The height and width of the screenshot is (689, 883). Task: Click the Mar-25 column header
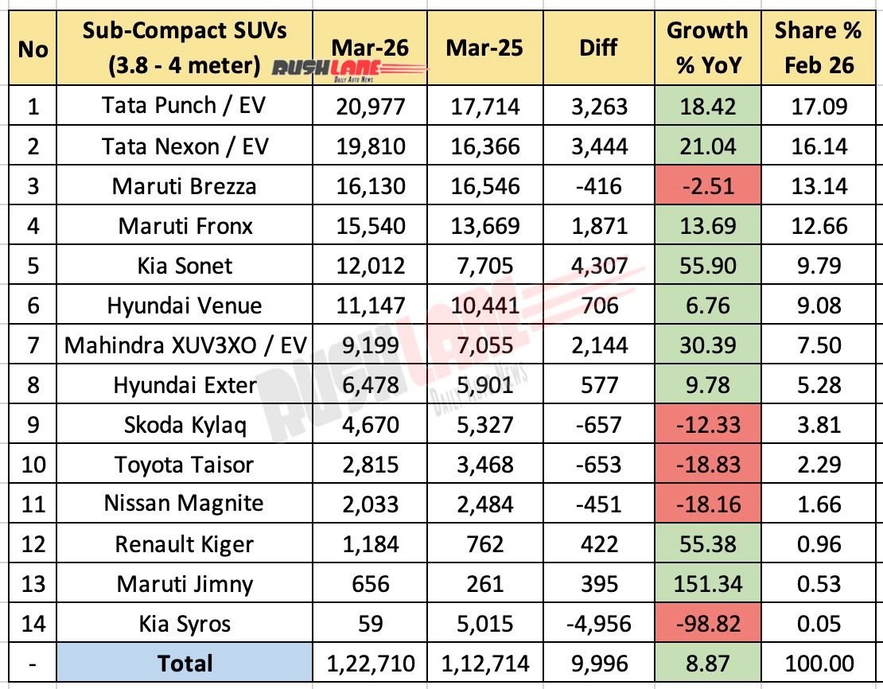[x=484, y=49]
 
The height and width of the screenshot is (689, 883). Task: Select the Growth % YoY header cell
[x=707, y=49]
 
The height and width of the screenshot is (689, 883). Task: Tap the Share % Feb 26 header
[x=819, y=49]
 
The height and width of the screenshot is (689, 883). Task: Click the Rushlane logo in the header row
[x=350, y=72]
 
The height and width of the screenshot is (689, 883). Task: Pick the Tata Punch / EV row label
[x=185, y=106]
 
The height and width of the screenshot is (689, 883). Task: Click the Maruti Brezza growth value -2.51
[x=707, y=186]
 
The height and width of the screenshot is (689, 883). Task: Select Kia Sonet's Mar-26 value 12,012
[x=372, y=266]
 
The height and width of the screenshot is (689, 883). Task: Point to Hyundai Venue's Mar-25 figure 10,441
[x=484, y=306]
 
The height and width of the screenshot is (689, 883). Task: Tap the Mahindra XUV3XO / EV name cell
[x=185, y=345]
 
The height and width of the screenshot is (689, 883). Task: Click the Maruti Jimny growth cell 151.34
[x=707, y=584]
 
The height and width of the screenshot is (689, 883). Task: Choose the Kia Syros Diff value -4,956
[x=598, y=624]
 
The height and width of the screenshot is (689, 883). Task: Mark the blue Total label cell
[x=185, y=664]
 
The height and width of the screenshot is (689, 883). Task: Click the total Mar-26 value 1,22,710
[x=372, y=664]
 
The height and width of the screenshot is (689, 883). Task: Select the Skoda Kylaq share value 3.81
[x=819, y=425]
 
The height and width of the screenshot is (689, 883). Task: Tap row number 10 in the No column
[x=33, y=465]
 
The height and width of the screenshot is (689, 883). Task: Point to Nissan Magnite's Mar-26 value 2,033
[x=372, y=504]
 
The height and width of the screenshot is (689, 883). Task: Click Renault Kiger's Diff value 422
[x=598, y=544]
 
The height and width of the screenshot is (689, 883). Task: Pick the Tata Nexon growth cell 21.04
[x=707, y=146]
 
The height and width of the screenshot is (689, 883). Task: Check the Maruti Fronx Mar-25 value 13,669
[x=484, y=226]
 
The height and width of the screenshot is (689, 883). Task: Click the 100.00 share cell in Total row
[x=819, y=664]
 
